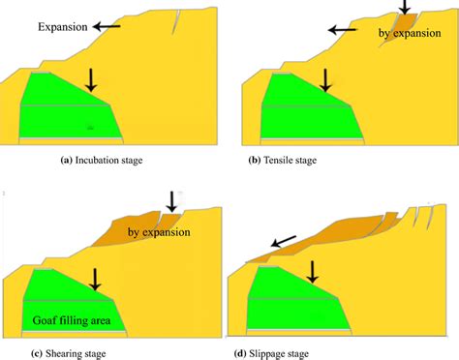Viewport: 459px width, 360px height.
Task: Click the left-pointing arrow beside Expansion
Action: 108,28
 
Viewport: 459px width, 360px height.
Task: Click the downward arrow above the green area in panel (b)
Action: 325,79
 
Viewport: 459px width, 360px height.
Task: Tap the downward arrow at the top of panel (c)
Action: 171,201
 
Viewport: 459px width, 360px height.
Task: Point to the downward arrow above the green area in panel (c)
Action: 94,279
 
